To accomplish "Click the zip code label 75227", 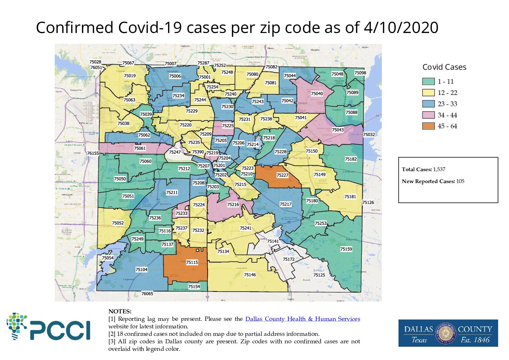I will pos(282,175).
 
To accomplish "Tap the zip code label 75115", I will pos(192,262).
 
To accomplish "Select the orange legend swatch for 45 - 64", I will pos(428,126).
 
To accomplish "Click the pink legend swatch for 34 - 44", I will pos(428,115).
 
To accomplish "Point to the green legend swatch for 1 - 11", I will pos(428,82).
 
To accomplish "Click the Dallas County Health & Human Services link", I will pos(303,319).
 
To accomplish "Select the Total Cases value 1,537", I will pos(439,169).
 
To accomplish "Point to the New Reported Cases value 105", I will pos(460,181).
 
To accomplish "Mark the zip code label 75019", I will pos(130,76).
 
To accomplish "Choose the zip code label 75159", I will pos(346,249).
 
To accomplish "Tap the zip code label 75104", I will pos(141,269).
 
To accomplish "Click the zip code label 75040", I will pos(317,94).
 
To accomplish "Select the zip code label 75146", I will pos(250,275).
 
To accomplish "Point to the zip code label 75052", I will pos(118,223).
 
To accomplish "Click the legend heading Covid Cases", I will pos(444,67).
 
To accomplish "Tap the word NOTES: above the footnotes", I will pos(120,311).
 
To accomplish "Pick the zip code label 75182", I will pos(351,159).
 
